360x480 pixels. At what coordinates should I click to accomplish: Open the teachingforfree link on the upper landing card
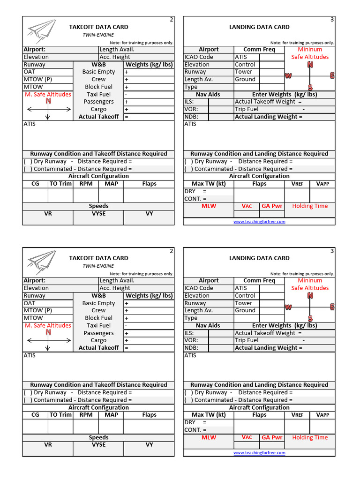[x=259, y=222]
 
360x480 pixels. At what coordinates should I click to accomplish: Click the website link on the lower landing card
[x=259, y=453]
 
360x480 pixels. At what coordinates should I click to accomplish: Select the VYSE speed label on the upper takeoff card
[x=98, y=213]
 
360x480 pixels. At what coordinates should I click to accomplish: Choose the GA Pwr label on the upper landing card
[x=272, y=206]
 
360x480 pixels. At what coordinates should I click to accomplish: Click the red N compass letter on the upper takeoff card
[x=48, y=101]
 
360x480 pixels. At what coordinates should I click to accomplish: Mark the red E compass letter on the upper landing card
[x=332, y=75]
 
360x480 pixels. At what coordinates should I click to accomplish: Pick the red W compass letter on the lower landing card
[x=288, y=307]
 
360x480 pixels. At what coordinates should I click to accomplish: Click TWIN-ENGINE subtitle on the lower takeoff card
[x=95, y=266]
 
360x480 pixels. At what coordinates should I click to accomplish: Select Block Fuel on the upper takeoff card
[x=98, y=87]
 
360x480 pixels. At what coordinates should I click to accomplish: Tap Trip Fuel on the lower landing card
[x=247, y=340]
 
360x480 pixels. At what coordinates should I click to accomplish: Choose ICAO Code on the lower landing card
[x=199, y=288]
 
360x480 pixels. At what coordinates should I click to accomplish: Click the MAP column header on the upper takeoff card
[x=111, y=184]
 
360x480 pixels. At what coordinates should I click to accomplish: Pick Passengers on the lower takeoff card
[x=98, y=333]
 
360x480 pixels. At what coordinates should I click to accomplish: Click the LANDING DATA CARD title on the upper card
[x=259, y=27]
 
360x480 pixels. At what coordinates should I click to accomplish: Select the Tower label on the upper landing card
[x=243, y=72]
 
